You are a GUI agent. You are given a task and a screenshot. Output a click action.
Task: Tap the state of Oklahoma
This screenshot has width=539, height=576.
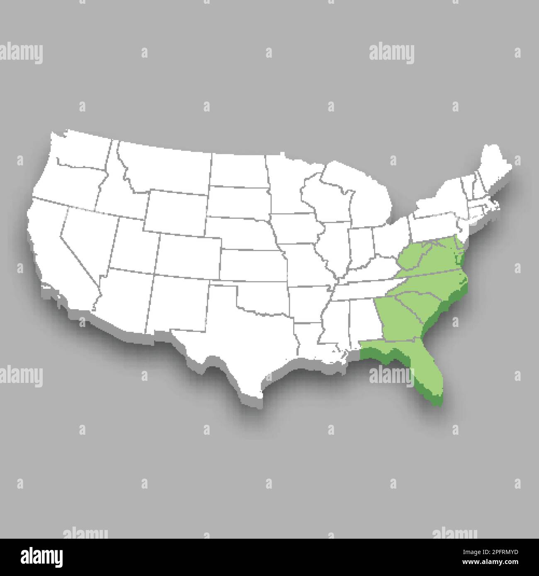(x=265, y=298)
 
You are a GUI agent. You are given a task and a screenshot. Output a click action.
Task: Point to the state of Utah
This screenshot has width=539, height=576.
(x=133, y=240)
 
